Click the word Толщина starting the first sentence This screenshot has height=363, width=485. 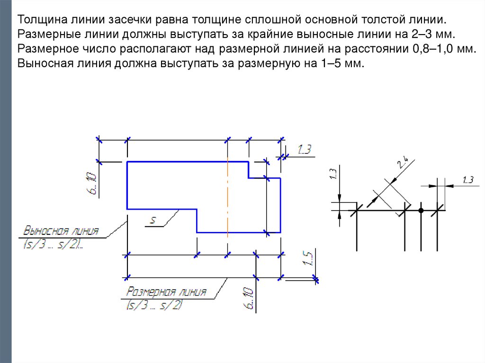pyautogui.click(x=42, y=21)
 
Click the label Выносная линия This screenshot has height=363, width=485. pyautogui.click(x=61, y=231)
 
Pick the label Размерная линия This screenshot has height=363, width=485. pyautogui.click(x=166, y=292)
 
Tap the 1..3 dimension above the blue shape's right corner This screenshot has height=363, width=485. pyautogui.click(x=304, y=150)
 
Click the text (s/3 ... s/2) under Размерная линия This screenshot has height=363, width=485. pyautogui.click(x=155, y=306)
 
